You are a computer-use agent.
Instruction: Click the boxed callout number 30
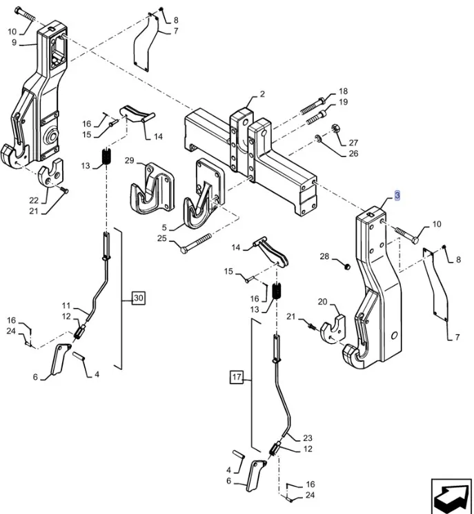tap(139, 298)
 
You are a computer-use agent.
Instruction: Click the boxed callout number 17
tap(237, 377)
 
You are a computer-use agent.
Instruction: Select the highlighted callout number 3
tap(397, 196)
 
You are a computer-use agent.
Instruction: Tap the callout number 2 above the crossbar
tap(262, 94)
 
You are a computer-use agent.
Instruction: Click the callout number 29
tap(129, 161)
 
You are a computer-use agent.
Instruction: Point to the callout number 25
tap(161, 238)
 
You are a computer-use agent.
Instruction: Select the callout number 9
tap(14, 43)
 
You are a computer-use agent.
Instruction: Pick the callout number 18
tap(343, 92)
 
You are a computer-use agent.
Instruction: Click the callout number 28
tap(324, 257)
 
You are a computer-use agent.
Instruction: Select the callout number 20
tap(322, 302)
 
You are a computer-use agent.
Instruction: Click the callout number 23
tap(307, 438)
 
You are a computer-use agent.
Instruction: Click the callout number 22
tap(34, 200)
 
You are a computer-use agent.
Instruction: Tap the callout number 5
tap(164, 227)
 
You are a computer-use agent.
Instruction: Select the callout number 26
tap(353, 154)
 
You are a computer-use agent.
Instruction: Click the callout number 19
tap(343, 103)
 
